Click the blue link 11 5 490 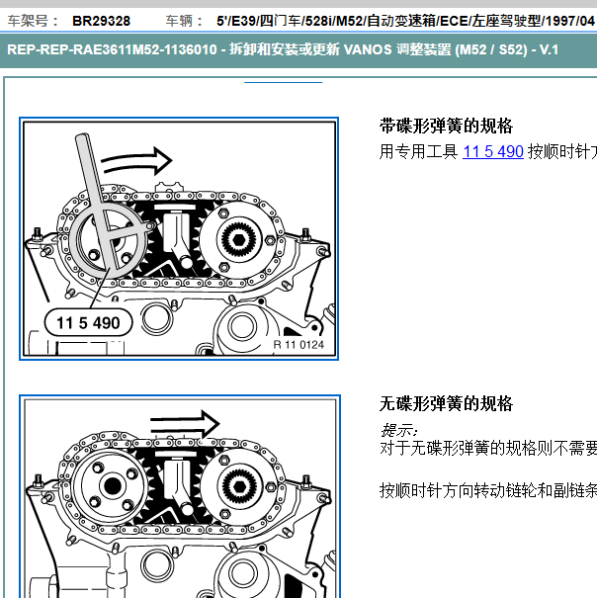coord(492,152)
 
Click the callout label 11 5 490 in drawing coord(88,322)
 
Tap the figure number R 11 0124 coord(298,345)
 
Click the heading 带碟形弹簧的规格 coord(447,127)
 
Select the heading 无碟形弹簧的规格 coord(447,404)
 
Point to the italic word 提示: coord(399,430)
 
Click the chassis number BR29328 coord(101,20)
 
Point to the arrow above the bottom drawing coord(185,425)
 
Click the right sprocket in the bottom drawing coord(238,485)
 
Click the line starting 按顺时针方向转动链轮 coord(488,490)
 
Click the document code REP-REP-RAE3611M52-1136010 coord(110,51)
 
